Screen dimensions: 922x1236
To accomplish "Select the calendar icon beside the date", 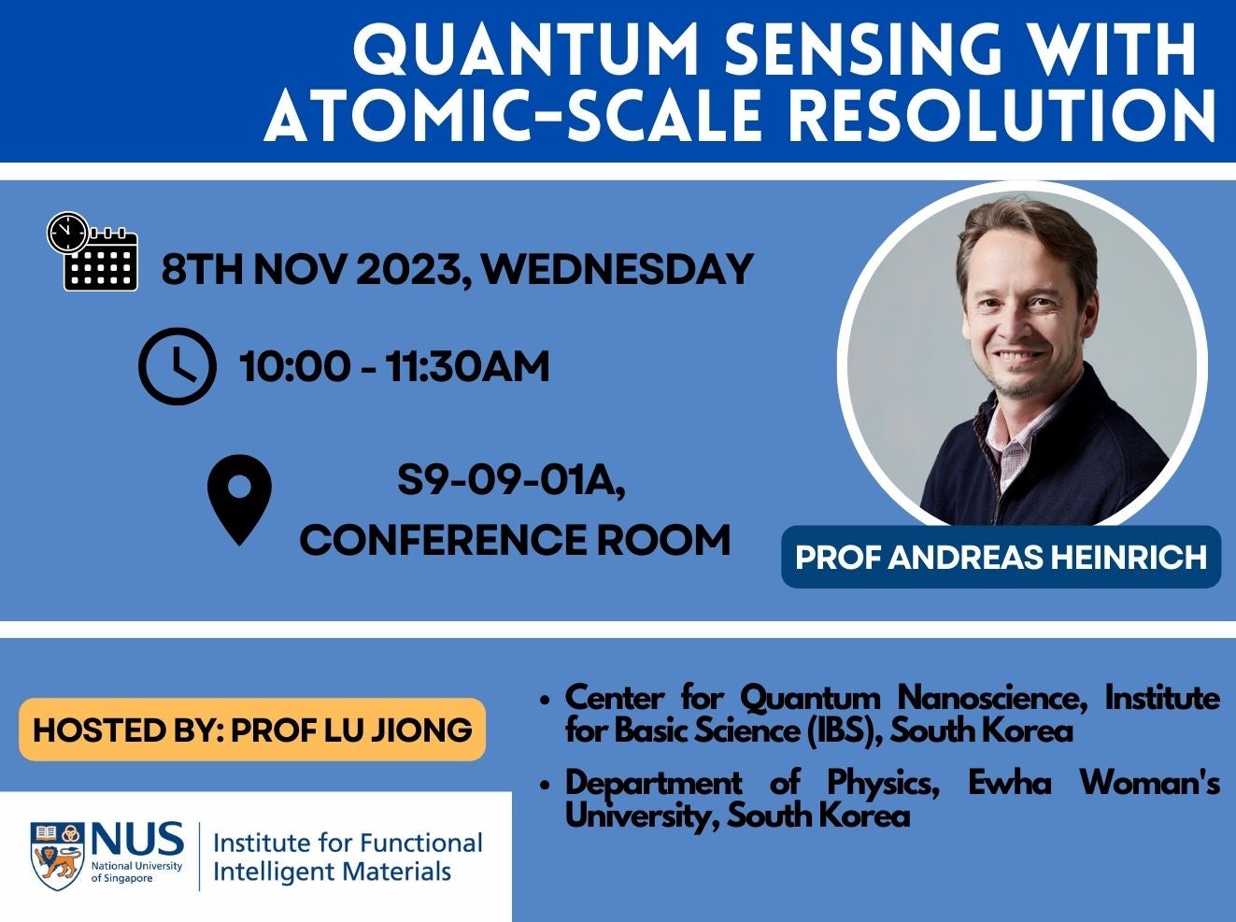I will pyautogui.click(x=93, y=252).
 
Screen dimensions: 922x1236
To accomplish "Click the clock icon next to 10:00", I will pyautogui.click(x=177, y=366).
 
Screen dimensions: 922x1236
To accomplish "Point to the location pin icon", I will pyautogui.click(x=239, y=499).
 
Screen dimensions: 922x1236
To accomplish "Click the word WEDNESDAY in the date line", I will pyautogui.click(x=618, y=269).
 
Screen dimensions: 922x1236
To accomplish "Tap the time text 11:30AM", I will pyautogui.click(x=467, y=366).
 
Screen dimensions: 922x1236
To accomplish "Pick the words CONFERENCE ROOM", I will pyautogui.click(x=515, y=540).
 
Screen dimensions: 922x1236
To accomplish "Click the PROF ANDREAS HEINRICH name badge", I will pyautogui.click(x=1001, y=557).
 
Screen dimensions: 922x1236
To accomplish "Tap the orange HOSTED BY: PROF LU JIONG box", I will pyautogui.click(x=252, y=729).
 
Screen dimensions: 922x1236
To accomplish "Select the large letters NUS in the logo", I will pyautogui.click(x=137, y=840).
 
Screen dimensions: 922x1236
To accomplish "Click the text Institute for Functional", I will pyautogui.click(x=348, y=843).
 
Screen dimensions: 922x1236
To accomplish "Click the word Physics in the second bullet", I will pyautogui.click(x=882, y=783).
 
